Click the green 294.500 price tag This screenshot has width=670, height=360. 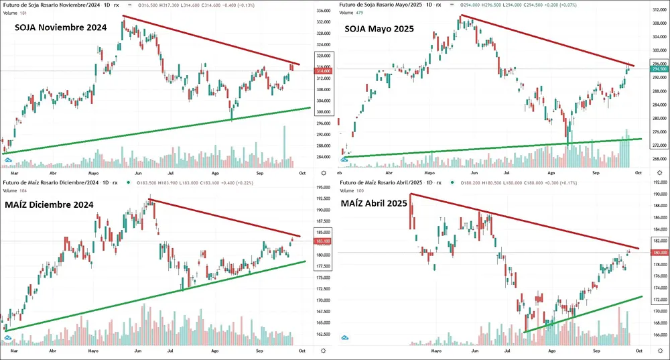[x=659, y=69]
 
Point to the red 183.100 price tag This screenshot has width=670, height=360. [x=324, y=241]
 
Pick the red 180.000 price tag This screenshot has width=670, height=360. [x=659, y=252]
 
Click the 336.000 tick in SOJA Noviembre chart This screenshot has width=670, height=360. [x=324, y=11]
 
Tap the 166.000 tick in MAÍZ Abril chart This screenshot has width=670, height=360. [x=659, y=335]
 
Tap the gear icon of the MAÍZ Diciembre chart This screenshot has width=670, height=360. [x=324, y=350]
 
